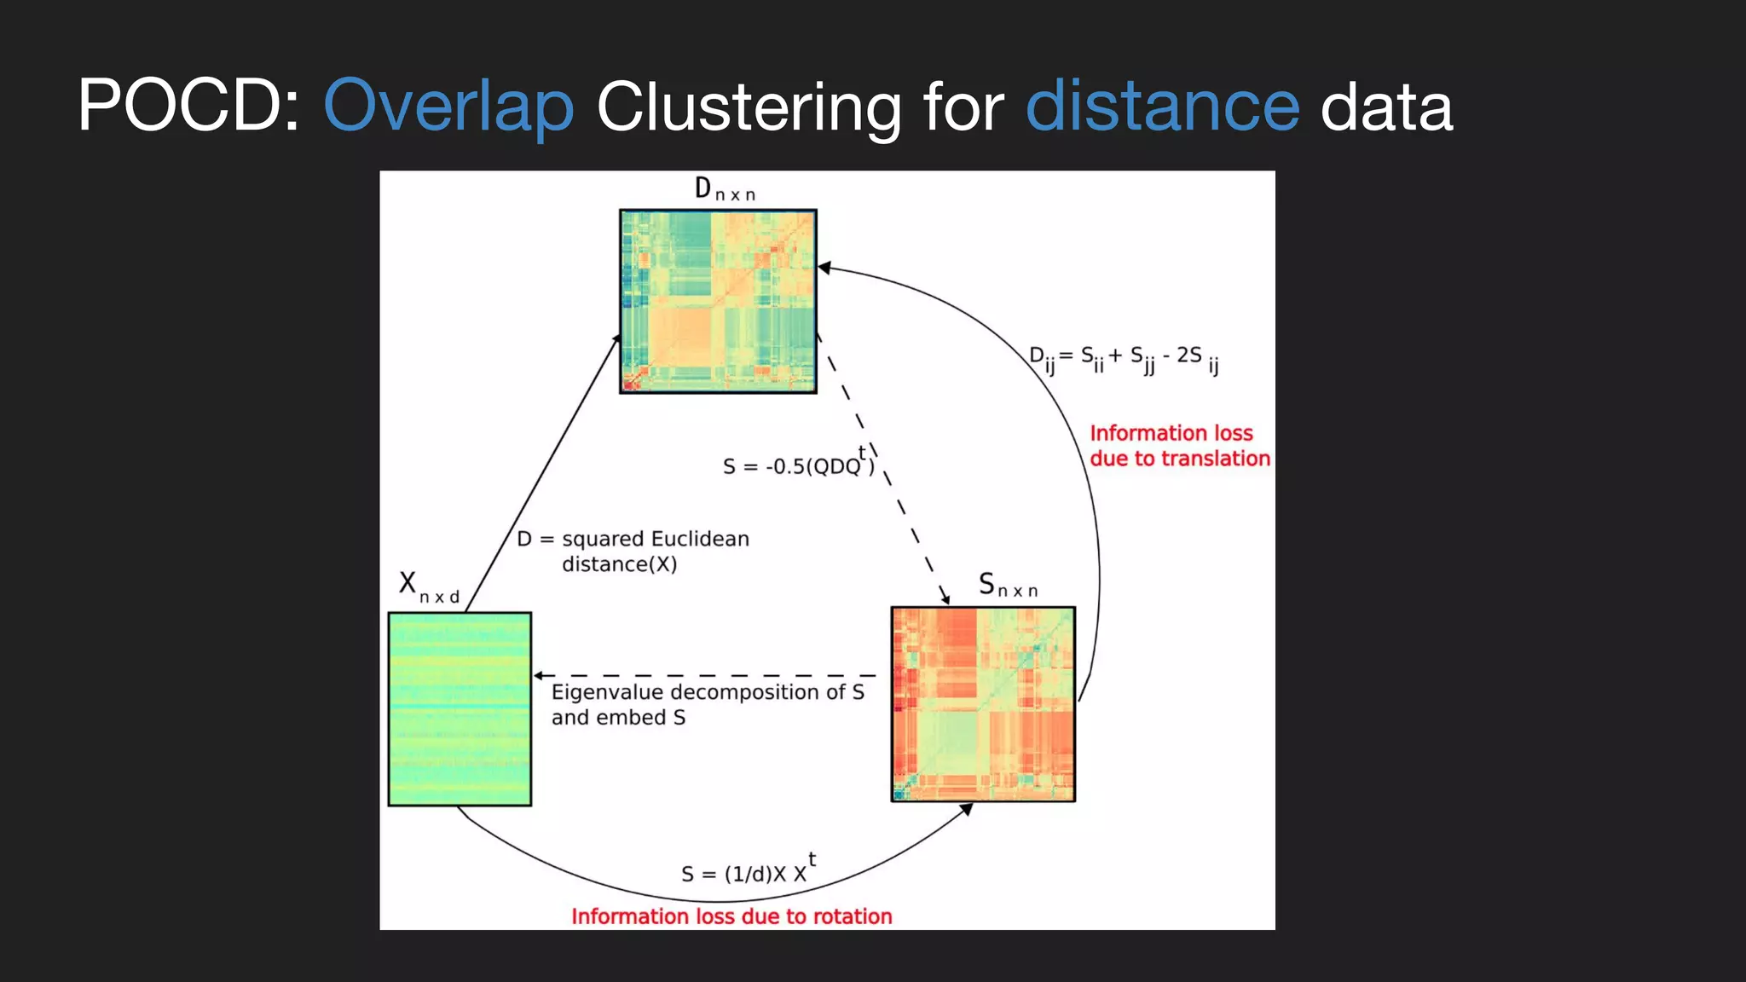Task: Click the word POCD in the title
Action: point(188,107)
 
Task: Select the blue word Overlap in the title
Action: point(448,107)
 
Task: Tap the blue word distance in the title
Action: point(1162,107)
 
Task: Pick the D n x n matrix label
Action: point(724,189)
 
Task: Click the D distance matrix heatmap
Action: point(718,301)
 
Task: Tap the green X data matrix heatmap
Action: point(460,708)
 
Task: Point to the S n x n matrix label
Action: point(1008,586)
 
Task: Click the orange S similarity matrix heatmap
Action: point(983,704)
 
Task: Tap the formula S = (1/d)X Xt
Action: point(749,871)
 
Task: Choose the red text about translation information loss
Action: point(1180,446)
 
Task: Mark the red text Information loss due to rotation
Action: point(731,916)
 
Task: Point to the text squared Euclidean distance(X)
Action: point(633,551)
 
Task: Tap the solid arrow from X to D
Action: point(542,473)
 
